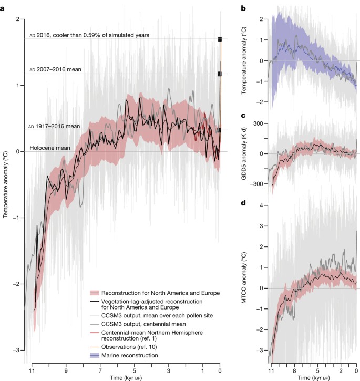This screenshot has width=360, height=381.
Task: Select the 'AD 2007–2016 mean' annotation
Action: (55, 69)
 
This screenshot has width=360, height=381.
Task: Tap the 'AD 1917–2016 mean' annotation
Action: (55, 126)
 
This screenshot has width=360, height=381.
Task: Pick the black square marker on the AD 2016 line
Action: (220, 39)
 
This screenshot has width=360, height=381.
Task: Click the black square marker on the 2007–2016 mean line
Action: (220, 74)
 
